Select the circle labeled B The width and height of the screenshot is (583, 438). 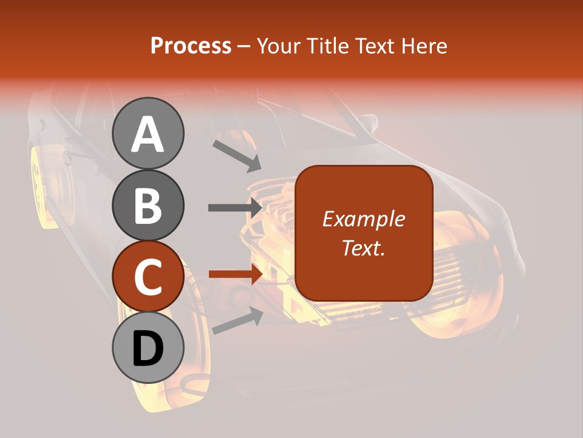click(148, 205)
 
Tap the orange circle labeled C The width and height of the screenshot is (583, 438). click(148, 277)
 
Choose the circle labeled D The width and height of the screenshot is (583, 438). click(148, 348)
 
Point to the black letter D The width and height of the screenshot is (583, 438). click(148, 349)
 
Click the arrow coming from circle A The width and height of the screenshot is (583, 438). click(236, 156)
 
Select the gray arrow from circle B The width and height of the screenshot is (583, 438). click(234, 207)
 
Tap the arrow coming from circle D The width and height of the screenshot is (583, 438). click(237, 321)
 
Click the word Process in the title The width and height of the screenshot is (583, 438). click(191, 46)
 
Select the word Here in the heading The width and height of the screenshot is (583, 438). click(424, 46)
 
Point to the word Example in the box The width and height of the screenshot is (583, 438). click(363, 219)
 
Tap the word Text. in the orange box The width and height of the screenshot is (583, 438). click(363, 248)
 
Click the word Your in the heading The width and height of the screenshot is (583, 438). click(279, 46)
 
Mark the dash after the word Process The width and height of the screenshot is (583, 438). click(244, 47)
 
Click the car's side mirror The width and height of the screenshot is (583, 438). click(366, 122)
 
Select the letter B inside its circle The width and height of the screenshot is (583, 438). click(148, 206)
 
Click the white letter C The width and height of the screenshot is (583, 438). click(148, 277)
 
